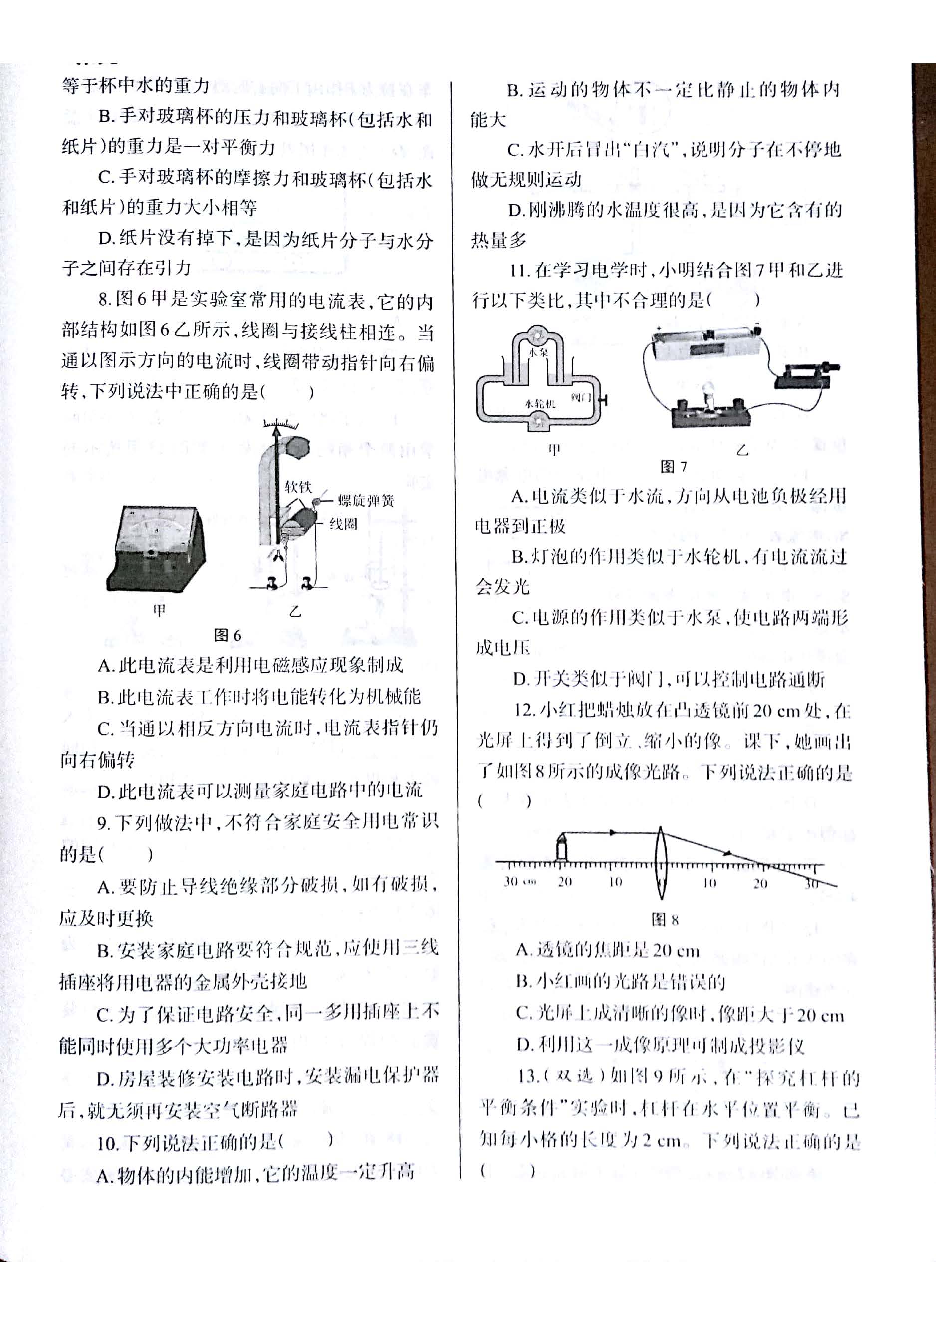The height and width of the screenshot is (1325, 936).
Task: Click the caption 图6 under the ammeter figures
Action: coord(228,635)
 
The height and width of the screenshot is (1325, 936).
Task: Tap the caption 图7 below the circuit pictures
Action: coord(674,466)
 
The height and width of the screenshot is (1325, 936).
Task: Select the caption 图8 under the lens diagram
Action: coord(665,920)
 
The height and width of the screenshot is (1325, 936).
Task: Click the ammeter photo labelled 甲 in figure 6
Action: coord(156,548)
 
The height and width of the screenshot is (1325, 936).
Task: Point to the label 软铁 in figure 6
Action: coord(298,487)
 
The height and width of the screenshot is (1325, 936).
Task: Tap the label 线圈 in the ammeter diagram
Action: coord(343,524)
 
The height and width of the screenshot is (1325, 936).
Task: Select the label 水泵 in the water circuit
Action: coord(538,351)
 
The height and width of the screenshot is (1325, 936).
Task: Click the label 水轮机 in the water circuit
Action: coord(539,404)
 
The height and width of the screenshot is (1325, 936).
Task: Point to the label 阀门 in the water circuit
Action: coord(581,398)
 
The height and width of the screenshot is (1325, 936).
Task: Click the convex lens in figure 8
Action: coord(661,863)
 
